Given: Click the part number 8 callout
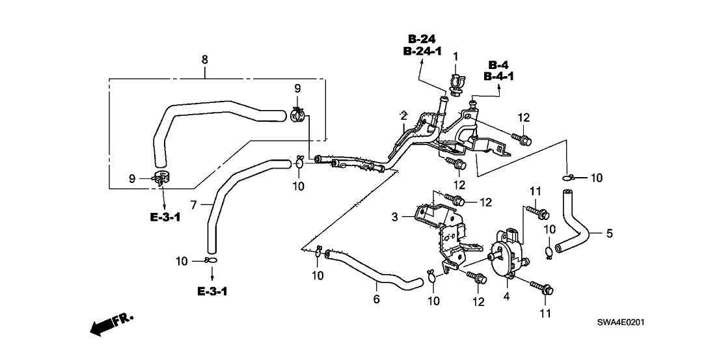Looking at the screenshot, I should click(x=204, y=60).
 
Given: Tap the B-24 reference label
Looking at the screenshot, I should click(x=422, y=38).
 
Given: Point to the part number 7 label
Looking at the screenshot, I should click(x=193, y=204).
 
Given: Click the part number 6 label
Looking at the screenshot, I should click(x=375, y=299).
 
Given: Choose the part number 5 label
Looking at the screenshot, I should click(x=609, y=234).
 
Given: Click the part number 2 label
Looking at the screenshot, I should click(x=403, y=115).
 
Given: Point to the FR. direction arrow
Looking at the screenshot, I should click(x=111, y=324).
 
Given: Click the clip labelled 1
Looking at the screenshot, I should click(x=456, y=83).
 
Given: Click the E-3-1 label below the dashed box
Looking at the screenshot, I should click(x=165, y=216).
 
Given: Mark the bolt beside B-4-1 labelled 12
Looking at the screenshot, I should click(x=522, y=139).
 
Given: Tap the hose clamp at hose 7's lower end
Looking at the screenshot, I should click(x=210, y=261).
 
